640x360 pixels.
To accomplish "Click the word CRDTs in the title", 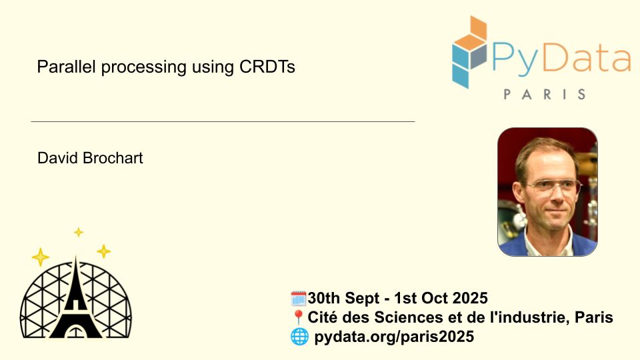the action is (x=267, y=67).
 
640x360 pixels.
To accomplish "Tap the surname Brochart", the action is (x=113, y=158).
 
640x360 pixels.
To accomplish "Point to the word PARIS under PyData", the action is (x=545, y=94).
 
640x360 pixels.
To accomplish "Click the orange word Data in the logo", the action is (x=587, y=59).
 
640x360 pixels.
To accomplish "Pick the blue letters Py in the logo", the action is (x=515, y=61).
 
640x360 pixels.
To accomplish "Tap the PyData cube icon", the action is (x=469, y=52).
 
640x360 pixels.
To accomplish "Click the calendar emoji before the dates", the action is (x=299, y=299).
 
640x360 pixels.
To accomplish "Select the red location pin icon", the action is (x=299, y=317).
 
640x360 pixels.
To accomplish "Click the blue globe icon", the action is (x=299, y=337).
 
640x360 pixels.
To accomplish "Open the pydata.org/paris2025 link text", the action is (x=394, y=337).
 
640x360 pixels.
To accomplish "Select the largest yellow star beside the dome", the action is (x=41, y=257).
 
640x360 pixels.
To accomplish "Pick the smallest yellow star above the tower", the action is (x=79, y=232).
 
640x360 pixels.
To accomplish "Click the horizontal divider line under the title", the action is (x=223, y=121).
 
